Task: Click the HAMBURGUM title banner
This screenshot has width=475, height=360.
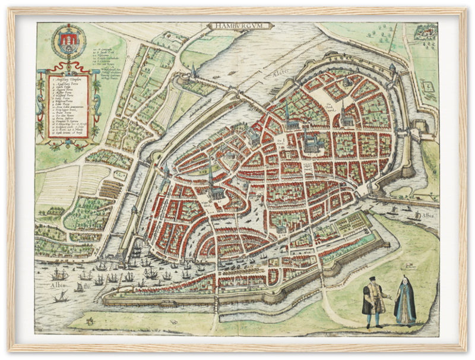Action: (x=240, y=26)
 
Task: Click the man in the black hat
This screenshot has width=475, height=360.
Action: (x=373, y=302)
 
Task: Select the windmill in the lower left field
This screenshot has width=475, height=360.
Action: (x=90, y=321)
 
